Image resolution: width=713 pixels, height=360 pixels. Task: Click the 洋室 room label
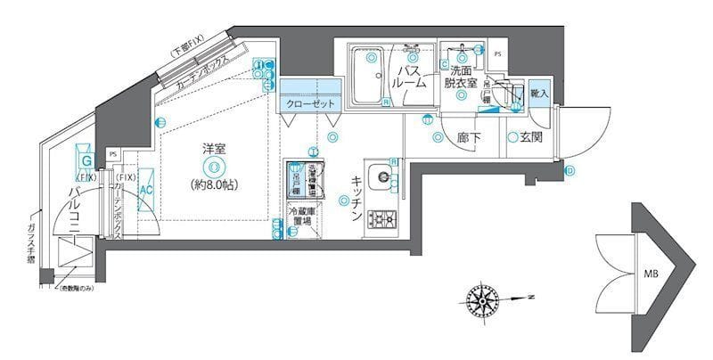coord(213,148)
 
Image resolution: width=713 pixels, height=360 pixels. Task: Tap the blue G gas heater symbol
coord(86,161)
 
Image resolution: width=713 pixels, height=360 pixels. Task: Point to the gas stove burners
coord(382,217)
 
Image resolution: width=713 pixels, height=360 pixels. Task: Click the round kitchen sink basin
coord(381,175)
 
